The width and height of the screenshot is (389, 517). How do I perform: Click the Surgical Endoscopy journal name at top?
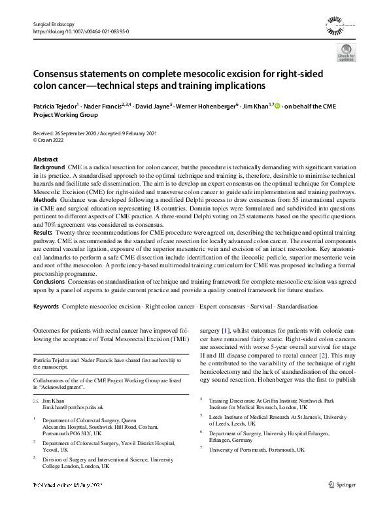[54, 24]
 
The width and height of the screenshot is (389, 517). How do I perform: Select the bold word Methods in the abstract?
[45, 199]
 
